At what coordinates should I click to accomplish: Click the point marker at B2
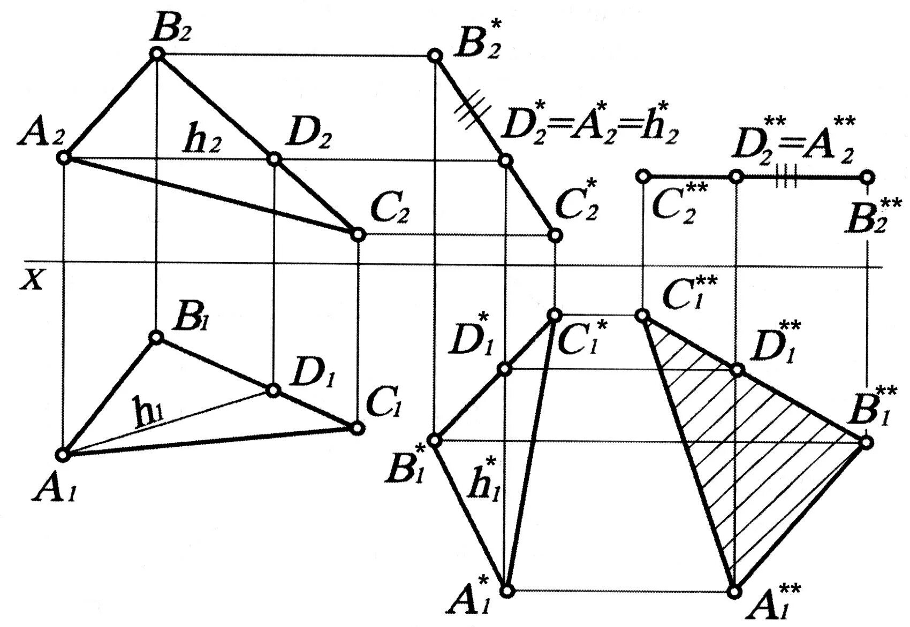156,53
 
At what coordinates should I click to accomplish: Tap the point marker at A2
64,158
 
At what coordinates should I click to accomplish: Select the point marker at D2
274,159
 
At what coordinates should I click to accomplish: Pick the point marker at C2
358,234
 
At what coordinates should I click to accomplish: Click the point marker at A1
63,455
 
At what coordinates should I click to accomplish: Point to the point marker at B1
156,337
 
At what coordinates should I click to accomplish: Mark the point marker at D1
274,390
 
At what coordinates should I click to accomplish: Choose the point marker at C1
357,428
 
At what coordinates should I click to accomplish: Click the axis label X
32,280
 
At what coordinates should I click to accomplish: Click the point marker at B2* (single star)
435,56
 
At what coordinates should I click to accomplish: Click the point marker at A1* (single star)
507,591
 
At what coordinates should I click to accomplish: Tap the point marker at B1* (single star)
435,440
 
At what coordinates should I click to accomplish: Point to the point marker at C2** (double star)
643,176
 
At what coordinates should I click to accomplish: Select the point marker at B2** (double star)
867,177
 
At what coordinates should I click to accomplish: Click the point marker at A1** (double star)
735,591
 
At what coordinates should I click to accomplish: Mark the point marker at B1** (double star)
867,442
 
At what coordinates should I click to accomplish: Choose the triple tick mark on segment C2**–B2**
786,177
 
